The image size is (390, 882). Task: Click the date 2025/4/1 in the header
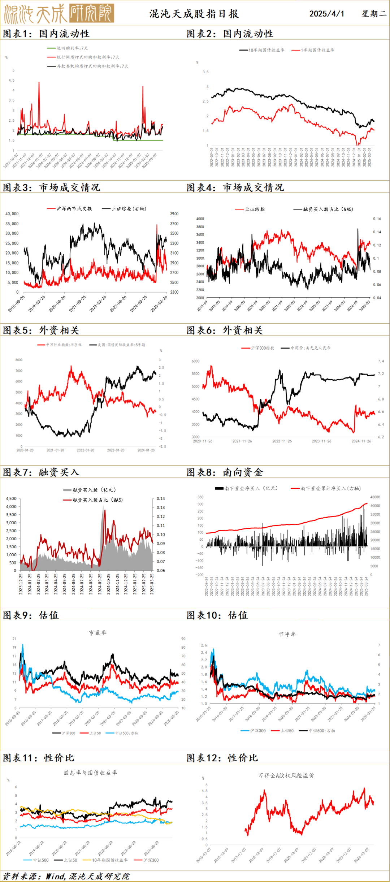pyautogui.click(x=326, y=14)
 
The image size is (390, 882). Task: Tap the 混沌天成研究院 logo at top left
pyautogui.click(x=59, y=14)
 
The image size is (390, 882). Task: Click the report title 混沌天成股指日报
pyautogui.click(x=194, y=14)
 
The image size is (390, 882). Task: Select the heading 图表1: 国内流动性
pyautogui.click(x=46, y=34)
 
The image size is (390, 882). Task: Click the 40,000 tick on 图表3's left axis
pyautogui.click(x=12, y=214)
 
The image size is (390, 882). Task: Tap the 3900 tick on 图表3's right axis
pyautogui.click(x=174, y=214)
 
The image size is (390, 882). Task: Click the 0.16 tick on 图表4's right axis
pyautogui.click(x=377, y=219)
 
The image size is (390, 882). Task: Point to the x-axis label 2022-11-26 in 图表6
pyautogui.click(x=282, y=441)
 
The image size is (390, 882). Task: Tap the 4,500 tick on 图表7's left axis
pyautogui.click(x=11, y=498)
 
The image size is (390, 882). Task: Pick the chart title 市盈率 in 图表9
pyautogui.click(x=98, y=632)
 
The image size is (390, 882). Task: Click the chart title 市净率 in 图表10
pyautogui.click(x=287, y=634)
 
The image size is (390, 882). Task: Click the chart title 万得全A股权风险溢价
pyautogui.click(x=286, y=775)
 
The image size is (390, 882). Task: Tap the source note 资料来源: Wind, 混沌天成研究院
pyautogui.click(x=66, y=876)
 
